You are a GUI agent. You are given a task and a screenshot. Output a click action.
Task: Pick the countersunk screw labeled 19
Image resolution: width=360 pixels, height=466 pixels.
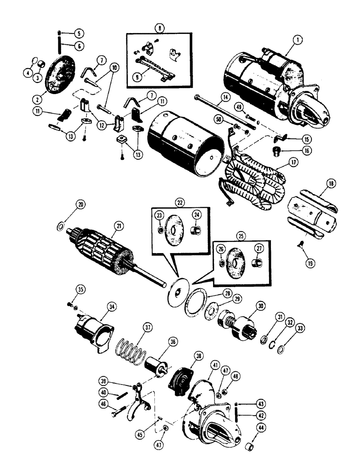pyautogui.click(x=299, y=249)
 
